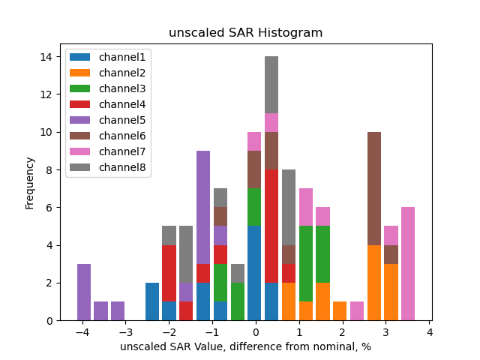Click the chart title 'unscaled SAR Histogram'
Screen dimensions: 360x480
(245, 33)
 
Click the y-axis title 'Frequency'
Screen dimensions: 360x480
(30, 182)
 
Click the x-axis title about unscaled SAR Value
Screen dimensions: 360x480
(245, 346)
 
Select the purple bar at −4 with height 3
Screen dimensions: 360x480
(84, 292)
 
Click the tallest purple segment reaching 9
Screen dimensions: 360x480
(203, 208)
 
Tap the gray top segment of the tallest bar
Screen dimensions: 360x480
(271, 85)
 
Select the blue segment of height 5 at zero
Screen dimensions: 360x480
(254, 274)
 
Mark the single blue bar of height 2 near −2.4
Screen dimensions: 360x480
(152, 301)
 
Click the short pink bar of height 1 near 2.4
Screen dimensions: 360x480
(357, 311)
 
